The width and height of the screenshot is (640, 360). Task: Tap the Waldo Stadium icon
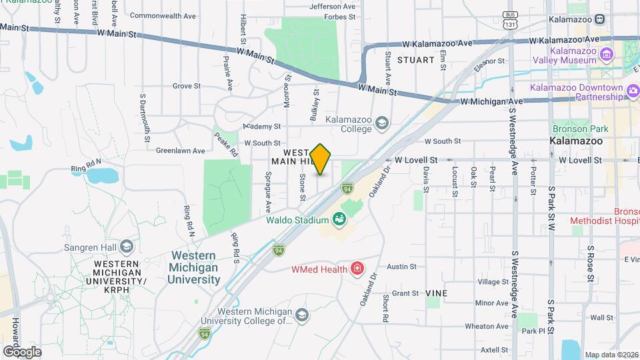[339, 219]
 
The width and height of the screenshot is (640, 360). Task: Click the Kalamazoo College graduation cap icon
[381, 123]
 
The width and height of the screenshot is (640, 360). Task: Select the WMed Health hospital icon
[357, 269]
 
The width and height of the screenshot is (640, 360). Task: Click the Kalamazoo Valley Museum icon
[606, 54]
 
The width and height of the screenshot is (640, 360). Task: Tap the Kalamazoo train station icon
[600, 19]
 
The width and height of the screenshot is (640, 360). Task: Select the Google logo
[22, 351]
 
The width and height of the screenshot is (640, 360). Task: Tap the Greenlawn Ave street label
[179, 150]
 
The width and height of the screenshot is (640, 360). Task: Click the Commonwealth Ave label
[163, 15]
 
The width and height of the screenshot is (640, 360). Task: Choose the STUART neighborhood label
[416, 59]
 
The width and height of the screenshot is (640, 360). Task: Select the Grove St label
[187, 86]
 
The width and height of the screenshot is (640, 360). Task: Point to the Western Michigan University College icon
[301, 315]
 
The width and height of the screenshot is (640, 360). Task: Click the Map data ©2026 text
[610, 354]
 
